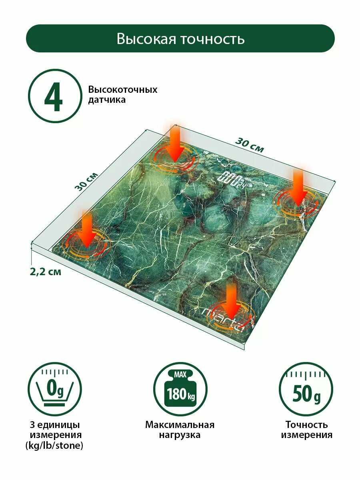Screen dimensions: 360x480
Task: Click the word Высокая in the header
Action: tap(146, 39)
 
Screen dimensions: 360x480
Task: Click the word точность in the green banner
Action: tap(213, 39)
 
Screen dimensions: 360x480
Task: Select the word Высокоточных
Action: tap(123, 90)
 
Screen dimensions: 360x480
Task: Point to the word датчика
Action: tap(107, 100)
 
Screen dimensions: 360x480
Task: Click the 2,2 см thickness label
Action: tap(46, 272)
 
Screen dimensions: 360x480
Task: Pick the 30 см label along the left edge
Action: tap(86, 182)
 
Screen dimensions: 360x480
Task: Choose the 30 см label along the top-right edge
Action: tap(250, 145)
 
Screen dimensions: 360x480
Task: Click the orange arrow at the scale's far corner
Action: tap(175, 144)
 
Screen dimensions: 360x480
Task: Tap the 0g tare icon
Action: tap(55, 389)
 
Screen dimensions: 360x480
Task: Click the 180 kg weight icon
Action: tap(180, 389)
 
